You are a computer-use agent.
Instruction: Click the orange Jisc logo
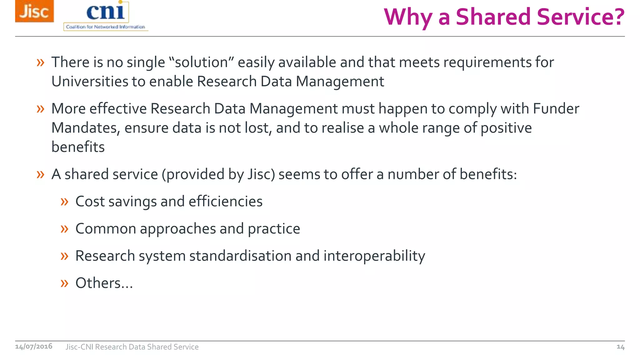[34, 11]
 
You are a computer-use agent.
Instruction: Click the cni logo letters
[106, 12]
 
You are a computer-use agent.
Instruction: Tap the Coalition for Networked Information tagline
[105, 27]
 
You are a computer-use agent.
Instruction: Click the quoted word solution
[201, 62]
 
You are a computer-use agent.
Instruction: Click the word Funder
[556, 109]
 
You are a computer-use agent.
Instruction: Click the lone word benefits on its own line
[78, 147]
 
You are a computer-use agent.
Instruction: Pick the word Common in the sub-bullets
[106, 229]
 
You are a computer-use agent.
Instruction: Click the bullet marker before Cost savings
[64, 202]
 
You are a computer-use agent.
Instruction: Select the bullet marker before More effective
[40, 109]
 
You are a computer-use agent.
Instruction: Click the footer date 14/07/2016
[34, 346]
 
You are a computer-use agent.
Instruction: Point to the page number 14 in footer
[620, 347]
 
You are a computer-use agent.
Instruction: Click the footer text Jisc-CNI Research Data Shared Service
[132, 347]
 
